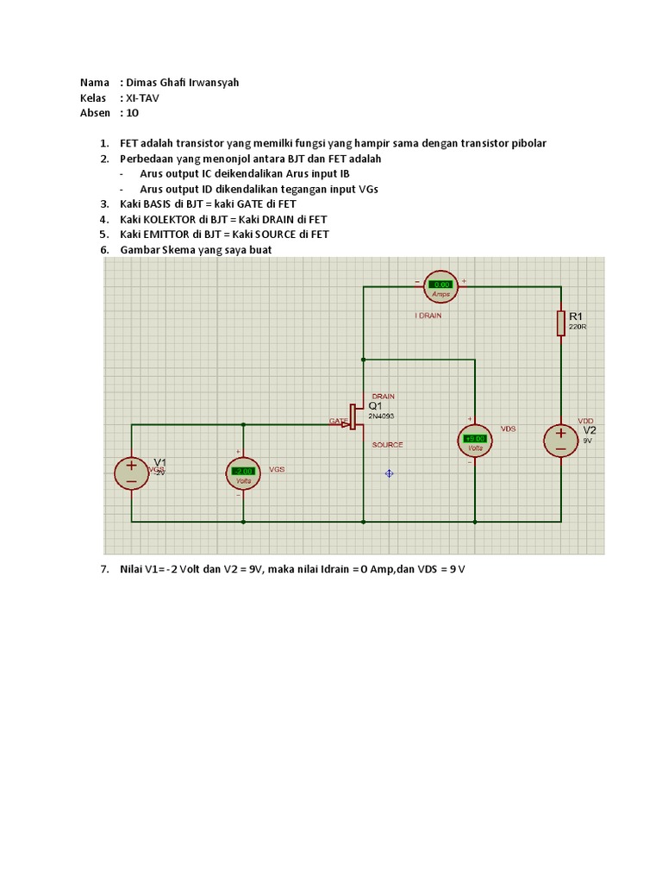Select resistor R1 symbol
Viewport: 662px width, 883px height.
point(561,322)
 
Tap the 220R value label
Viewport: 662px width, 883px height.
point(578,328)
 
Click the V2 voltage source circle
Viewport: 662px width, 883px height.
point(560,441)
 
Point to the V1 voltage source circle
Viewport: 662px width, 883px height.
point(132,472)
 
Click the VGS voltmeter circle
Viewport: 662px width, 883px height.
point(243,471)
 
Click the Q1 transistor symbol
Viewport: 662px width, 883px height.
point(355,416)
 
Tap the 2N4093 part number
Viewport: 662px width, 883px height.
point(381,416)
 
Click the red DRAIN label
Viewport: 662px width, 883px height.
point(383,397)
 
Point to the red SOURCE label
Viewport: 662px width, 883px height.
point(387,445)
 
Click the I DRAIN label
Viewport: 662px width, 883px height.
point(428,316)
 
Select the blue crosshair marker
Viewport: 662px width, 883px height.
point(390,473)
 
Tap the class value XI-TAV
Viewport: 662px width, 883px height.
point(142,97)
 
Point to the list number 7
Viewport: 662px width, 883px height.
point(103,571)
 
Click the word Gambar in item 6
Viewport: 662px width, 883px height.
point(141,250)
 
